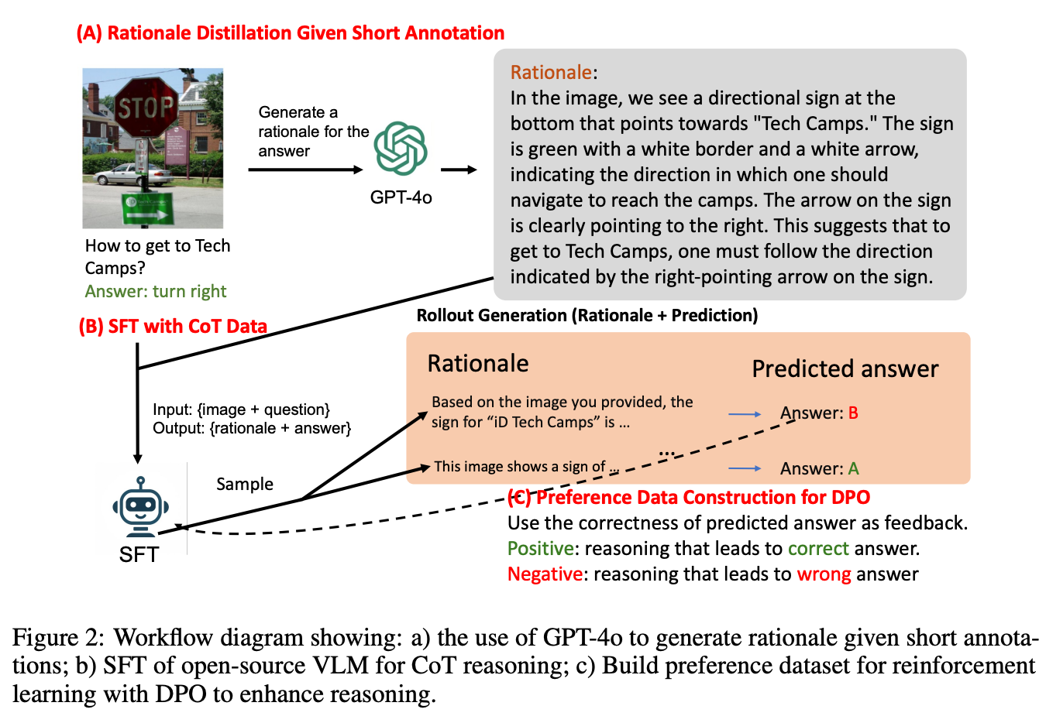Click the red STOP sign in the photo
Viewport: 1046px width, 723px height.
tap(145, 107)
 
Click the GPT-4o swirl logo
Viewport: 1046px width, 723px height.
tap(401, 148)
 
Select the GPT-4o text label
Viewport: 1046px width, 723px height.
tap(401, 197)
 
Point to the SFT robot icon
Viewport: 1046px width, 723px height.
tap(140, 507)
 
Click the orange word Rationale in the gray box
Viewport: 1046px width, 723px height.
tap(551, 73)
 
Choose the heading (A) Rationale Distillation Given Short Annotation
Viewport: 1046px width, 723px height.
tap(291, 33)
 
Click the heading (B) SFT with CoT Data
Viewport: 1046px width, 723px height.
tap(173, 327)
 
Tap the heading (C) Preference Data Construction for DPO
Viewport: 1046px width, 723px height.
tap(689, 497)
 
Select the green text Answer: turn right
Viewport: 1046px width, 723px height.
tap(156, 292)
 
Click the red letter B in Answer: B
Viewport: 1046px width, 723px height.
tap(853, 413)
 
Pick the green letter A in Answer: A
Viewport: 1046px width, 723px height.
tap(853, 469)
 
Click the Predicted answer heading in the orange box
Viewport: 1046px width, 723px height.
tap(845, 369)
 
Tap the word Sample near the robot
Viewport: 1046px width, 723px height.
tap(245, 485)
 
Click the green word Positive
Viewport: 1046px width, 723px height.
tap(540, 549)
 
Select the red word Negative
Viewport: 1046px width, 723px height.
tap(545, 574)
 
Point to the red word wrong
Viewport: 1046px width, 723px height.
tap(824, 574)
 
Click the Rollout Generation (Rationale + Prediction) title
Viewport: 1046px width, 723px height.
tap(587, 316)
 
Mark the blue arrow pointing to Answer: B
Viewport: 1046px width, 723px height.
tap(745, 414)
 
